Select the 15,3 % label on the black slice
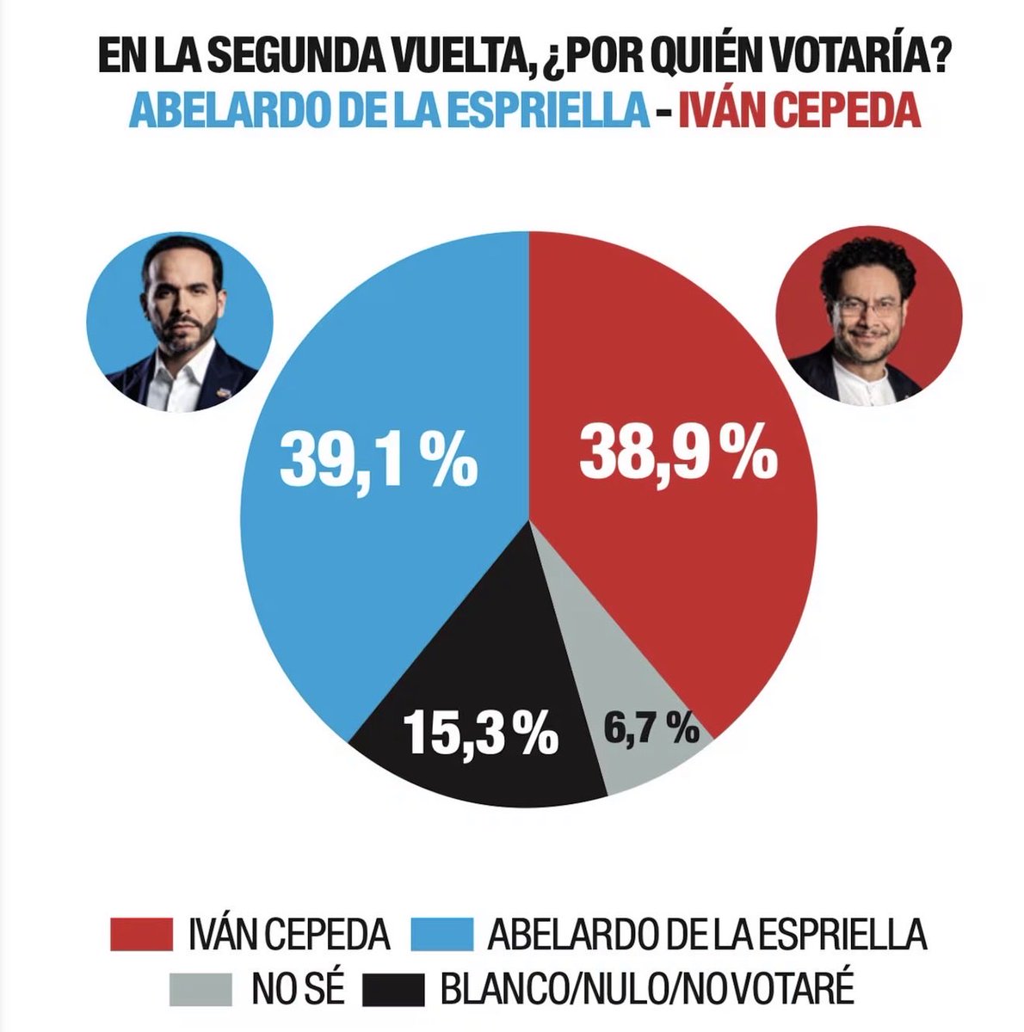click(x=480, y=733)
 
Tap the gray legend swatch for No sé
click(x=200, y=989)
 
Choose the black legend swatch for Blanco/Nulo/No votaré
click(x=394, y=989)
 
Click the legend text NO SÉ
click(x=298, y=989)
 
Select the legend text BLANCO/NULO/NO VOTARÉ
click(x=646, y=989)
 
